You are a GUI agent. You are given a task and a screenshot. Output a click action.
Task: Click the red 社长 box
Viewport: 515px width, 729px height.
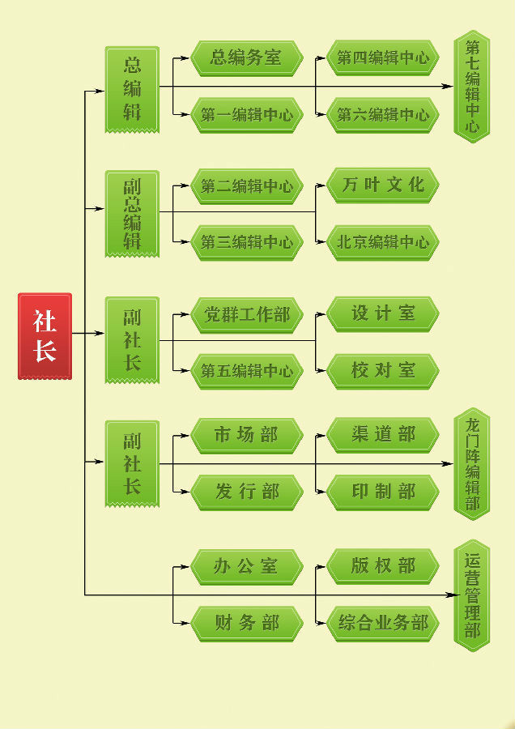(x=45, y=335)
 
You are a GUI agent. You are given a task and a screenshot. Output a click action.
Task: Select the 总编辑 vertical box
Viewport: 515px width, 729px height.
(x=132, y=88)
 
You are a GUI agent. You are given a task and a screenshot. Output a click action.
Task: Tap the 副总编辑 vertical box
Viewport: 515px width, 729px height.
(x=132, y=213)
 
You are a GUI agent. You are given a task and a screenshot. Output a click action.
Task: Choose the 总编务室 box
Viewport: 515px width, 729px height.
(x=246, y=58)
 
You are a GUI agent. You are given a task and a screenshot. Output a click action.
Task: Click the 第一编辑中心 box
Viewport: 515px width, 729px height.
(x=246, y=115)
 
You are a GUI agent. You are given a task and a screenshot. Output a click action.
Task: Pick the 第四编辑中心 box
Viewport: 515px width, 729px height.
(x=383, y=58)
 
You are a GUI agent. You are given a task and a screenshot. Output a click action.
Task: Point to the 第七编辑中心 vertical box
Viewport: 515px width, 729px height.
(x=472, y=87)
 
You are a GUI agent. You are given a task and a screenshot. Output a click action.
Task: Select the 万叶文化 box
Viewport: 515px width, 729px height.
(x=383, y=185)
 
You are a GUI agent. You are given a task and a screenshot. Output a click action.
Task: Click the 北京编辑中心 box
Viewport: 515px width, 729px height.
(x=383, y=242)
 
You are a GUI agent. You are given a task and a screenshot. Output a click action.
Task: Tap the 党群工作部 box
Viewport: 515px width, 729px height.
(x=246, y=314)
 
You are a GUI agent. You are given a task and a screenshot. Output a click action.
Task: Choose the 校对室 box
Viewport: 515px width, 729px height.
(x=383, y=371)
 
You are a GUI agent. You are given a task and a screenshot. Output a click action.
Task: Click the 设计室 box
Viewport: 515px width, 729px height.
(x=383, y=313)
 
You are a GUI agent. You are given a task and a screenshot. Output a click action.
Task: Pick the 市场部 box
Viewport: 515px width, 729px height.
(x=246, y=436)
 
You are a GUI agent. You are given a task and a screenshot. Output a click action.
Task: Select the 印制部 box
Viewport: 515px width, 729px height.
(x=383, y=492)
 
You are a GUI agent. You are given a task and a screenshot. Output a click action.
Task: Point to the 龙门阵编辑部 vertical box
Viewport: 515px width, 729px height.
(x=472, y=464)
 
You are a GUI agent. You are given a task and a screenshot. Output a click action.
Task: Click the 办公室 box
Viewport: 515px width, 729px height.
(x=246, y=566)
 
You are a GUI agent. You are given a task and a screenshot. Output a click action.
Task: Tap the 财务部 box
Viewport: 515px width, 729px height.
(x=246, y=623)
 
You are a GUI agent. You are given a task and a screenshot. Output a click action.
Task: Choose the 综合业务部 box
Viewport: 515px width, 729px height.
(x=383, y=623)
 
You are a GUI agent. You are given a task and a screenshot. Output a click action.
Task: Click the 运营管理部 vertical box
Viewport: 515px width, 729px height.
(x=472, y=595)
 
